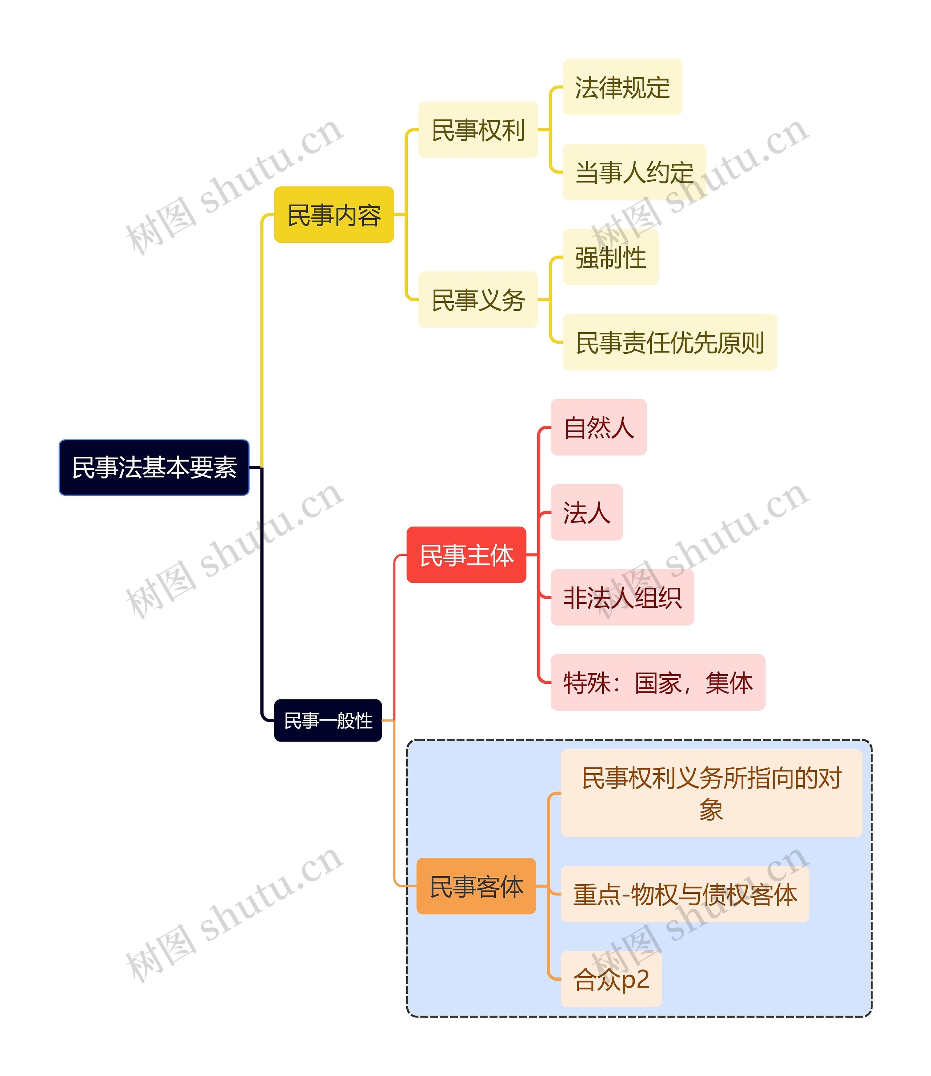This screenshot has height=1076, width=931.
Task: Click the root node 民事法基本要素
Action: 154,467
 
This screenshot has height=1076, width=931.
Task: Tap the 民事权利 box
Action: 478,130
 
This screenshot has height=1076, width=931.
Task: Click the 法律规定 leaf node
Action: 622,87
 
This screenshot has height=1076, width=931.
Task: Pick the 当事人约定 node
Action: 634,172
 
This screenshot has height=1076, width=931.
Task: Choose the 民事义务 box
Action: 478,299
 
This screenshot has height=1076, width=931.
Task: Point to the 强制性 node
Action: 611,257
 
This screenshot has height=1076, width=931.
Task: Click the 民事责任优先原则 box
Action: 670,342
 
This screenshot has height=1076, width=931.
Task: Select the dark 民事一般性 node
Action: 328,720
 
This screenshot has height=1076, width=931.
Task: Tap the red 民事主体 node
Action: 466,555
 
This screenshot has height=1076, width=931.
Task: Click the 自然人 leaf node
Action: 599,427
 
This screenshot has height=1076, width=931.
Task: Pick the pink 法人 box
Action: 587,512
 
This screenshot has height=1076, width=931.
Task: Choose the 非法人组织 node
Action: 622,597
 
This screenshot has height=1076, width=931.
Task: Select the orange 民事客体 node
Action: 476,886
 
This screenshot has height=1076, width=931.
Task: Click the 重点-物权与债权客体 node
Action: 685,894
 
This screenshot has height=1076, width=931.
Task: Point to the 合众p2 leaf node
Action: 611,979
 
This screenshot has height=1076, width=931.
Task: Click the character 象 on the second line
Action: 711,809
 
